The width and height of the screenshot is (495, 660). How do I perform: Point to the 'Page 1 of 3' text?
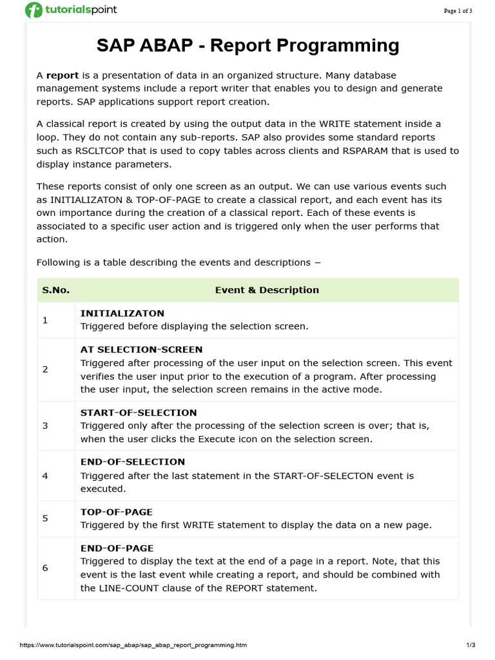pyautogui.click(x=458, y=11)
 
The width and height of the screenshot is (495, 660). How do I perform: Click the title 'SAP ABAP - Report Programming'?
pyautogui.click(x=247, y=46)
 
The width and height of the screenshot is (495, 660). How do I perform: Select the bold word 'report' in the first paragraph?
pyautogui.click(x=63, y=75)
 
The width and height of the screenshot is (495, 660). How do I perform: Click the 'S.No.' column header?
pyautogui.click(x=56, y=290)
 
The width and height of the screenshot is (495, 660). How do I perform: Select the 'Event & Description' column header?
pyautogui.click(x=267, y=290)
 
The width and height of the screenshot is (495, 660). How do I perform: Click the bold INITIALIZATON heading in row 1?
pyautogui.click(x=122, y=313)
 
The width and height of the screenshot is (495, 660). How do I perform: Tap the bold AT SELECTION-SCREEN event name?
pyautogui.click(x=141, y=349)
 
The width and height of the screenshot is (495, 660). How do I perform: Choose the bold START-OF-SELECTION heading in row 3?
pyautogui.click(x=139, y=412)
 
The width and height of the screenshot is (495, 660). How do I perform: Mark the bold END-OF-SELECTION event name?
pyautogui.click(x=132, y=462)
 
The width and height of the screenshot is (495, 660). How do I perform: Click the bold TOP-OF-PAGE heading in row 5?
pyautogui.click(x=116, y=512)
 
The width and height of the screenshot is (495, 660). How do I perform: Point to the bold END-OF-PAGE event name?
pyautogui.click(x=117, y=548)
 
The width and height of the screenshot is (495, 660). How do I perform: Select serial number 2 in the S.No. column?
pyautogui.click(x=45, y=369)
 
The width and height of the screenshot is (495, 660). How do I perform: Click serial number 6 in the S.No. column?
pyautogui.click(x=45, y=568)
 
